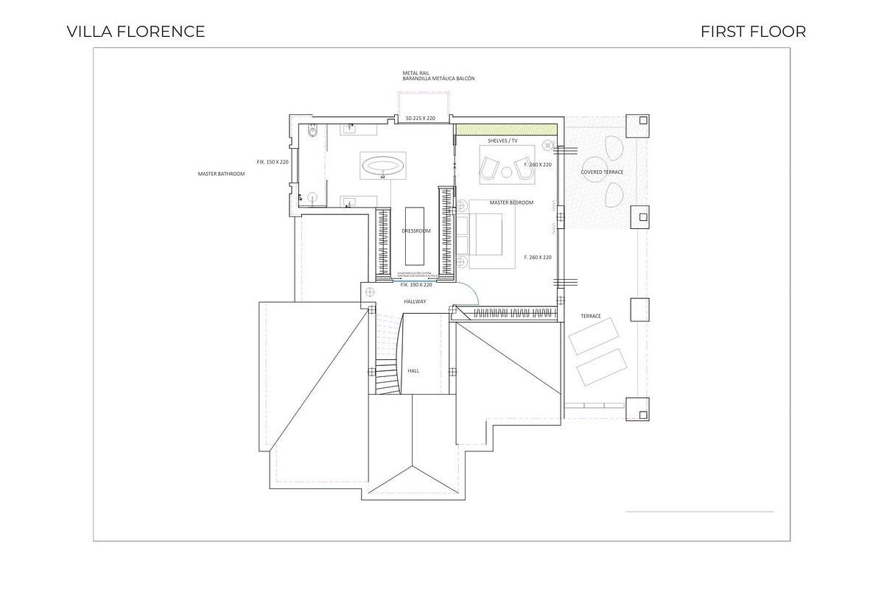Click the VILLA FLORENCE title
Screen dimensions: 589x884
tap(136, 32)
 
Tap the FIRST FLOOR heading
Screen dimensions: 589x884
tap(753, 32)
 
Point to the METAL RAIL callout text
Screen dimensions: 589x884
tap(415, 73)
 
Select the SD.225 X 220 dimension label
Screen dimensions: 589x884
tap(421, 118)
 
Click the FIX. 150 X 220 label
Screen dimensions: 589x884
tap(272, 161)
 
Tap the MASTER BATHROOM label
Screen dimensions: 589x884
tap(221, 174)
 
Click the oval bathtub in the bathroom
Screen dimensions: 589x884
tap(382, 165)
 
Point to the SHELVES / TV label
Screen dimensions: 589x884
tap(502, 140)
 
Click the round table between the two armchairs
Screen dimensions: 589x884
tap(507, 173)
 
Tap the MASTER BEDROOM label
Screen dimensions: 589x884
tap(511, 202)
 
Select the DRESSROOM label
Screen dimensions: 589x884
tap(415, 231)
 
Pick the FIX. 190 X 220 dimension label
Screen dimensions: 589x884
tap(416, 284)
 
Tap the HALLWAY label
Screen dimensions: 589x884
tap(415, 301)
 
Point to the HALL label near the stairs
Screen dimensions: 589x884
tap(413, 371)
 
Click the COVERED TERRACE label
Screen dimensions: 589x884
tap(602, 172)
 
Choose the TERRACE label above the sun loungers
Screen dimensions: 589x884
tap(590, 316)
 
